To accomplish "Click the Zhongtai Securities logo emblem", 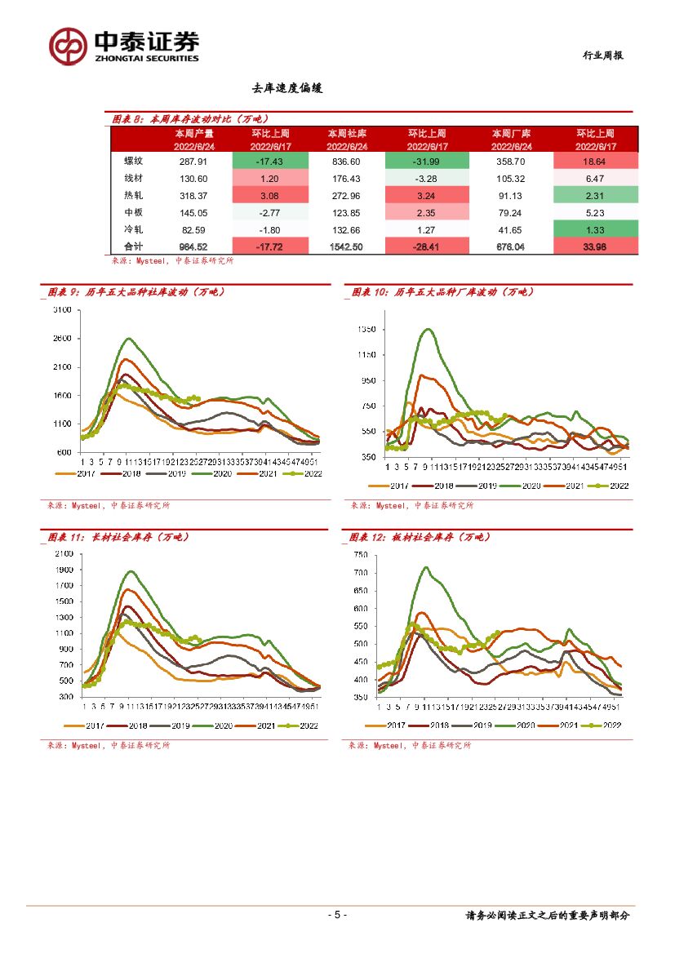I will [68, 46].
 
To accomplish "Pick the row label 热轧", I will [122, 195].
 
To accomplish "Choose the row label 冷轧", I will [122, 229].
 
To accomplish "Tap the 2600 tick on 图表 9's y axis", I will [62, 339].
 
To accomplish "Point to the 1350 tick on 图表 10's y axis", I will [364, 330].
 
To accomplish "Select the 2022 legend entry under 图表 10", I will [613, 485].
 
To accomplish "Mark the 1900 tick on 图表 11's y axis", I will [64, 570].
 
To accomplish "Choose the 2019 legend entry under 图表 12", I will [482, 725].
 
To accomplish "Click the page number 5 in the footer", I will [337, 915].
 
